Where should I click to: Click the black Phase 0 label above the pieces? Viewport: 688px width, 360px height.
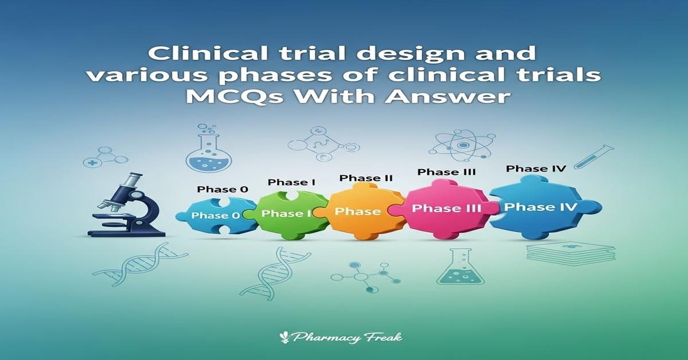pyautogui.click(x=216, y=189)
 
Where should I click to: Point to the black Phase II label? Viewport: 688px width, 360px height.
pyautogui.click(x=366, y=178)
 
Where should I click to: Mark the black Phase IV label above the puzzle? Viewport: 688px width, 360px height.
pyautogui.click(x=535, y=169)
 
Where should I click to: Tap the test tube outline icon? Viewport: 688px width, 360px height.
pyautogui.click(x=593, y=156)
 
